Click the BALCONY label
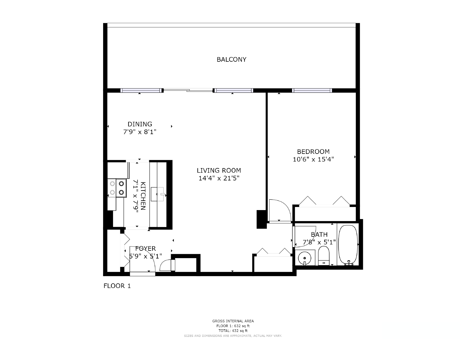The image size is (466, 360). pyautogui.click(x=231, y=59)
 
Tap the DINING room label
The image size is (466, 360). pyautogui.click(x=140, y=124)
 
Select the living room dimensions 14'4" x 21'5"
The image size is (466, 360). pyautogui.click(x=219, y=178)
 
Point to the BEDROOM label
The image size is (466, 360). pyautogui.click(x=313, y=152)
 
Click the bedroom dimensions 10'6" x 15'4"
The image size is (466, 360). pyautogui.click(x=313, y=159)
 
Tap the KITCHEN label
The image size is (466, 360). pyautogui.click(x=143, y=196)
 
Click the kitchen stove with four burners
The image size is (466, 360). pyautogui.click(x=117, y=188)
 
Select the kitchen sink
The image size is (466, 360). pyautogui.click(x=158, y=194)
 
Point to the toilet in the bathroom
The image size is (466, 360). pyautogui.click(x=324, y=256)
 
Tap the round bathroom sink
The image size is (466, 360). pyautogui.click(x=305, y=258)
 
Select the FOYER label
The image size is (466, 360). pyautogui.click(x=145, y=248)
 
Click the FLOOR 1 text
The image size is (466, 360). pyautogui.click(x=117, y=286)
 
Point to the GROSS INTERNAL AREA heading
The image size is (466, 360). pyautogui.click(x=233, y=321)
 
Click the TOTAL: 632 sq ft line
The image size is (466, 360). pyautogui.click(x=233, y=331)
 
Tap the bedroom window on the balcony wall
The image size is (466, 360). pyautogui.click(x=312, y=90)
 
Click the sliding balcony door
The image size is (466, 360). pyautogui.click(x=188, y=90)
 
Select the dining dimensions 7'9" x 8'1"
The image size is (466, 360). pyautogui.click(x=140, y=132)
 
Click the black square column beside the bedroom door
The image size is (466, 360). pyautogui.click(x=262, y=219)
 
